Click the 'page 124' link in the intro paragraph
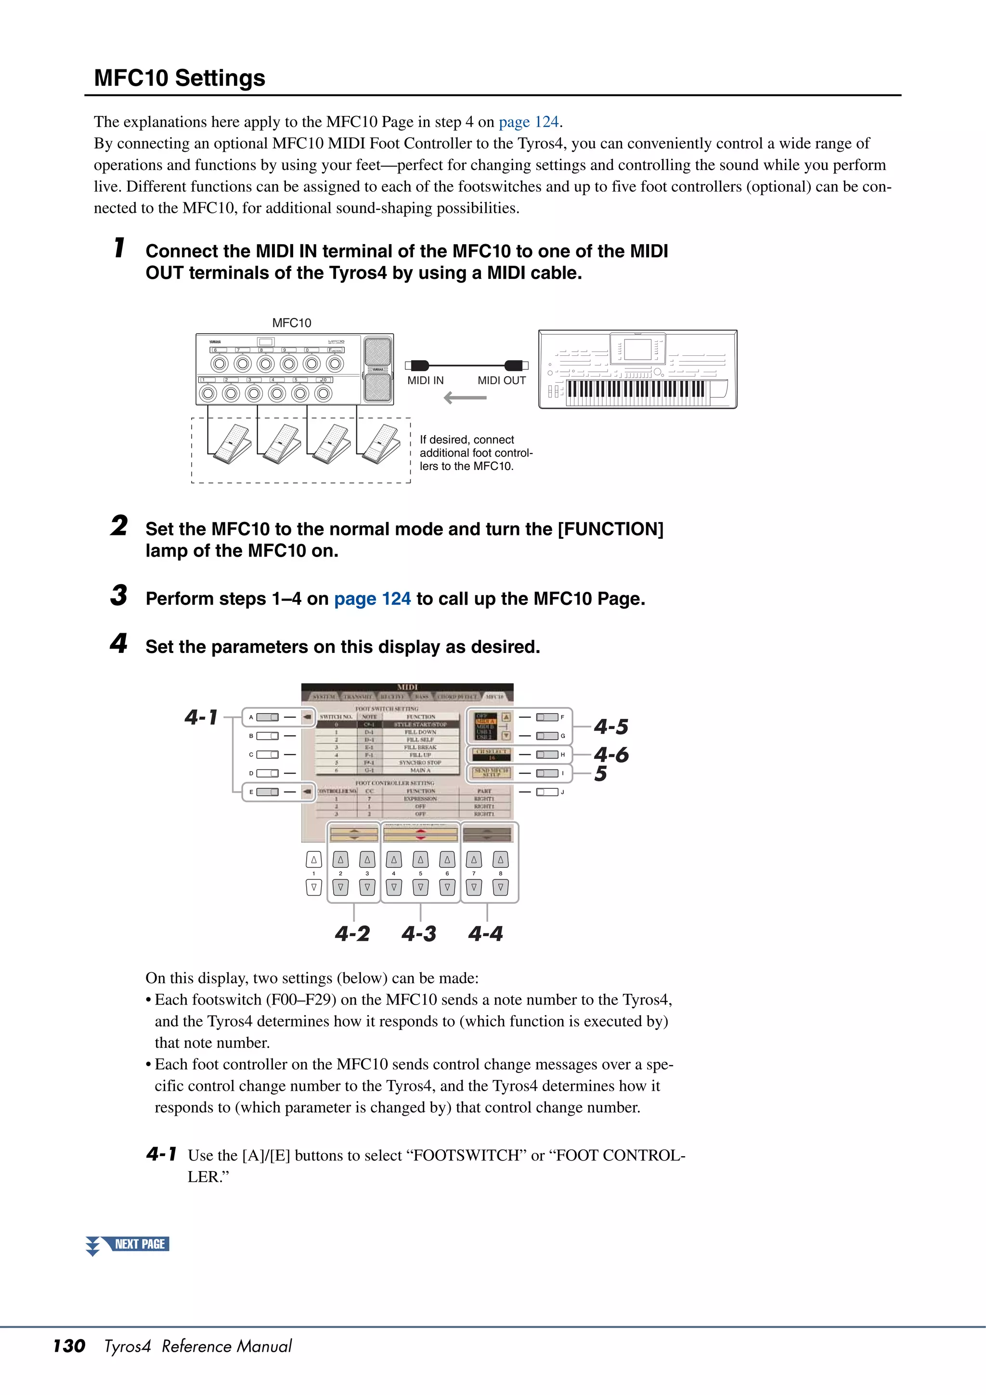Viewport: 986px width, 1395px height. pyautogui.click(x=528, y=122)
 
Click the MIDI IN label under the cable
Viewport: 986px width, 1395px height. pyautogui.click(x=425, y=381)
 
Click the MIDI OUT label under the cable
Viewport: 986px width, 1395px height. pyautogui.click(x=501, y=381)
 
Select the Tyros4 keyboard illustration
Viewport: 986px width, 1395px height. pyautogui.click(x=637, y=369)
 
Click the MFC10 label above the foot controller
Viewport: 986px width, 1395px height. pyautogui.click(x=292, y=323)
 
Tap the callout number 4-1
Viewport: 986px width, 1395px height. pyautogui.click(x=201, y=717)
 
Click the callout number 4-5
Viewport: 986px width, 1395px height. pyautogui.click(x=610, y=727)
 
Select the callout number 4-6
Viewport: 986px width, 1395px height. pyautogui.click(x=610, y=755)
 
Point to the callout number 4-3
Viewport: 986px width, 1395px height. pyautogui.click(x=418, y=934)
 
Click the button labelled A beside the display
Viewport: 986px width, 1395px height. pyautogui.click(x=267, y=717)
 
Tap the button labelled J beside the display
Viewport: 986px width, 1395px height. pyautogui.click(x=547, y=792)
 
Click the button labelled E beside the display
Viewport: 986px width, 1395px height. pyautogui.click(x=267, y=792)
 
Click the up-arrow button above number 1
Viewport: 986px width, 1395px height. pyautogui.click(x=313, y=860)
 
